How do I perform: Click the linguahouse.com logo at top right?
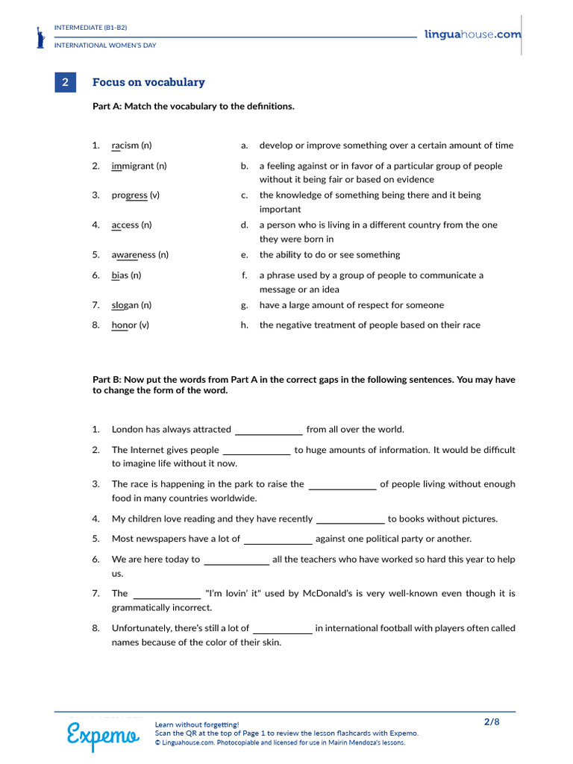pos(472,34)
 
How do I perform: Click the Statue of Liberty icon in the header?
pos(40,37)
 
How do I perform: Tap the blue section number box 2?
pos(66,83)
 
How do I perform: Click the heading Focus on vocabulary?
pos(148,83)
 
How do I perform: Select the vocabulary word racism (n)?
pos(131,145)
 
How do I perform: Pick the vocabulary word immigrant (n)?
pos(139,166)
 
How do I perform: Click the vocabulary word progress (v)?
pos(135,195)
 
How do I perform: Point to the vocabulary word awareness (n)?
pos(140,254)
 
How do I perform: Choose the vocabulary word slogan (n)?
pos(131,305)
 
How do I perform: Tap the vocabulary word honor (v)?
pos(130,325)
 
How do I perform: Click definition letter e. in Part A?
pos(244,254)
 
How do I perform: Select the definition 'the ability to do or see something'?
pos(329,254)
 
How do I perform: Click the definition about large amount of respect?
pos(351,305)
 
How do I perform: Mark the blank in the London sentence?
pos(269,430)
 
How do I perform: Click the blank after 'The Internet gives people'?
pos(257,451)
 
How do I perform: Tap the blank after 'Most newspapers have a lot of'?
pos(278,539)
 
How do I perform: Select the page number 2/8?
pos(492,721)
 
